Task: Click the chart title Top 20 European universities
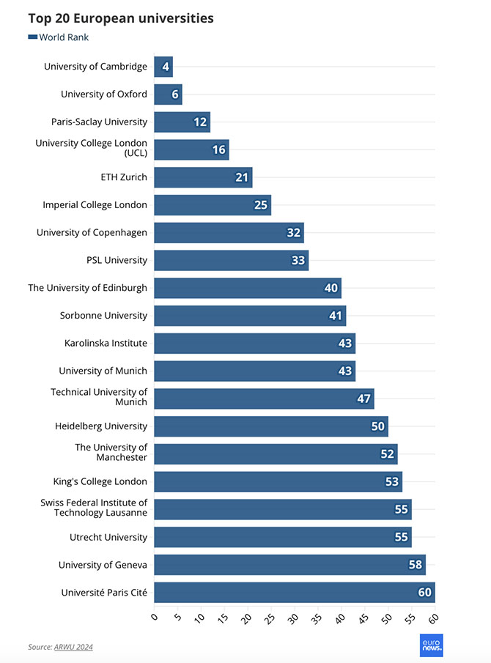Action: [121, 18]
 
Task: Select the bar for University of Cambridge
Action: [163, 67]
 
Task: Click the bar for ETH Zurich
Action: [202, 177]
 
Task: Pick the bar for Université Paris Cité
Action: [293, 592]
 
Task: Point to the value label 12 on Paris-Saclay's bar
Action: [200, 122]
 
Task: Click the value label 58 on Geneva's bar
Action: [416, 565]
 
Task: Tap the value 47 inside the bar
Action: [364, 399]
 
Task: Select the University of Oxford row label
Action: [104, 95]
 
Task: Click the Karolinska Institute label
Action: [106, 343]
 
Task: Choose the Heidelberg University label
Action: [101, 426]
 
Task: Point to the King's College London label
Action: [100, 481]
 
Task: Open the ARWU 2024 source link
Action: [73, 647]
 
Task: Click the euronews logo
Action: [431, 645]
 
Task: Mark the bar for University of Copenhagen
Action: [229, 233]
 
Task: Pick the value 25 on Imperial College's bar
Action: [261, 205]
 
